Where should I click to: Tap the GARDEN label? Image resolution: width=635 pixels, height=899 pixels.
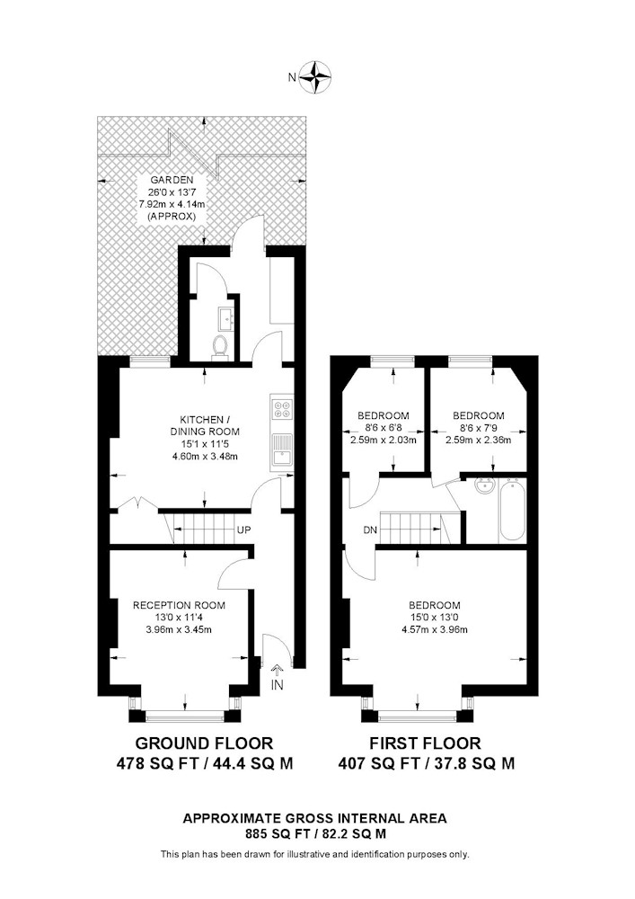tap(172, 180)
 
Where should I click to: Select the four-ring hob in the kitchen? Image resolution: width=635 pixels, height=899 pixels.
tap(282, 407)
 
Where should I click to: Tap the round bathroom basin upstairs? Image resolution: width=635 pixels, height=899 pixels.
tap(485, 485)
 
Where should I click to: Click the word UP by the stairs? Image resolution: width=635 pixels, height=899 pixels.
tap(244, 530)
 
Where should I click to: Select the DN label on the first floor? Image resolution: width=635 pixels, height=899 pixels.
tap(370, 530)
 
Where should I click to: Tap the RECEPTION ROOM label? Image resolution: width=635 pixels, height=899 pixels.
tap(180, 605)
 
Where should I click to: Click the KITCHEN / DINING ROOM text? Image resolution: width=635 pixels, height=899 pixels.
tap(205, 425)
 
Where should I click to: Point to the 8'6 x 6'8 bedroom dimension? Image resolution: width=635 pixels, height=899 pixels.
tap(384, 428)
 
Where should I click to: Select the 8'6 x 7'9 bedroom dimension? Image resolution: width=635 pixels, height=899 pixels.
tap(479, 428)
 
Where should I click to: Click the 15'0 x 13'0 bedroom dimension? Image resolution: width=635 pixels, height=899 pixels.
tap(435, 618)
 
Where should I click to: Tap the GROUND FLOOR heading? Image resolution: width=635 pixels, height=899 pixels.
tap(205, 743)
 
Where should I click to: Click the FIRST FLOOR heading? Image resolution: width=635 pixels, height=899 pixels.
tap(426, 743)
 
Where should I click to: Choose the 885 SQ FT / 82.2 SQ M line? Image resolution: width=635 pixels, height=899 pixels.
tap(315, 833)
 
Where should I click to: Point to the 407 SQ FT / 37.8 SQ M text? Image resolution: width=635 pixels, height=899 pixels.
tap(426, 763)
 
